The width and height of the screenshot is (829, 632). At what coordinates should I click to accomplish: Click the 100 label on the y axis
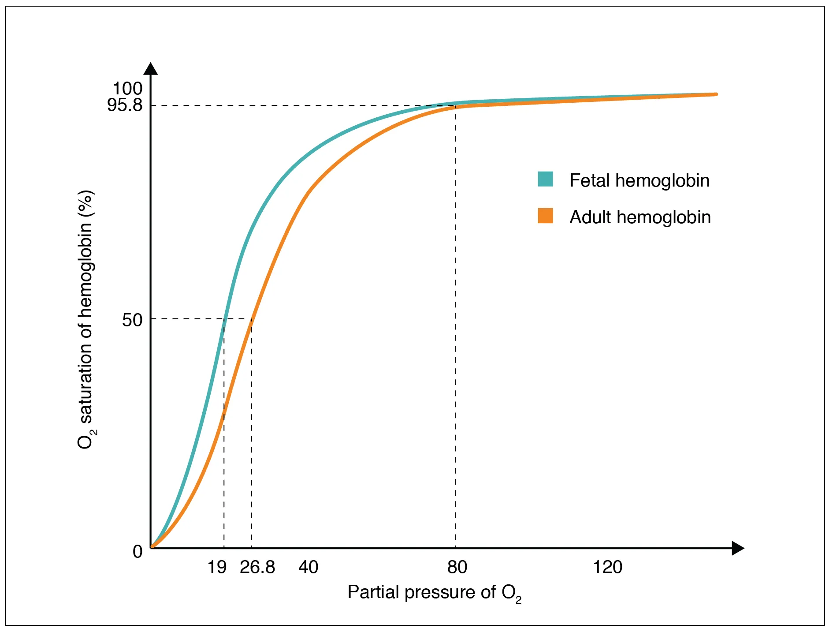point(127,89)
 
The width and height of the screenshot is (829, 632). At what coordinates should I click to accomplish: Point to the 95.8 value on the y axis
point(125,105)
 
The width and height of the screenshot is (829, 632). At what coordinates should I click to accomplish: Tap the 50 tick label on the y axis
point(132,320)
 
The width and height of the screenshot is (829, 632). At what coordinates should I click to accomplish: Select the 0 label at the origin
point(138,552)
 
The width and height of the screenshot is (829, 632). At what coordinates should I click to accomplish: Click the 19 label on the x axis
point(217,567)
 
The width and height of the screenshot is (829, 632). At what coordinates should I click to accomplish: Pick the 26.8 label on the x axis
point(257,567)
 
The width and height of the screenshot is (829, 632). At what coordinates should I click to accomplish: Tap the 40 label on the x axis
point(308,567)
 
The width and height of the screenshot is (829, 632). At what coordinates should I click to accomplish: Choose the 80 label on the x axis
point(457,567)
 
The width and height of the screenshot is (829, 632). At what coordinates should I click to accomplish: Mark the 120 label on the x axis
point(607,567)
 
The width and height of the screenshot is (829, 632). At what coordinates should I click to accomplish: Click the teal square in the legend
point(545,179)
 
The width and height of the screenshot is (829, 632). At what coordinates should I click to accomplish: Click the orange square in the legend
point(545,216)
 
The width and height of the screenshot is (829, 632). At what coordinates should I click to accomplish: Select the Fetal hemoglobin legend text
point(639,181)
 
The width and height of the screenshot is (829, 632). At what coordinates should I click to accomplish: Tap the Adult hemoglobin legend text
point(640,217)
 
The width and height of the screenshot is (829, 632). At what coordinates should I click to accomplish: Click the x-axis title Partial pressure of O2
point(434,592)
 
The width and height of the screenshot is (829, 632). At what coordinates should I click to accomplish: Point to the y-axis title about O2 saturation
point(86,320)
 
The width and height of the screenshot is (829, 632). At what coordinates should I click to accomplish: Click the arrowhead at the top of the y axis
point(151,69)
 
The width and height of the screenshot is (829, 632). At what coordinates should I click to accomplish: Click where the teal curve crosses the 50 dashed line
point(225,318)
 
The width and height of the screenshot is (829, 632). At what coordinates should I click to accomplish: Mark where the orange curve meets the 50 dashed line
point(252,318)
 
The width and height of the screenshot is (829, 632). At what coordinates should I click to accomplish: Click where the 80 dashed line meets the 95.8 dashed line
point(455,105)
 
